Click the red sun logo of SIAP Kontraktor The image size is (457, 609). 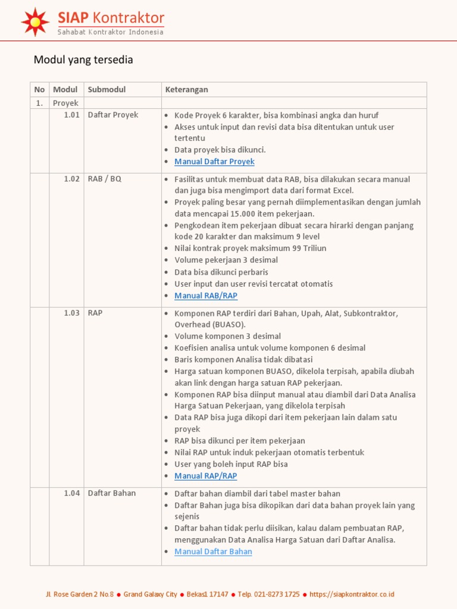tap(35, 22)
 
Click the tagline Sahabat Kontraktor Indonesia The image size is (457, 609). tap(110, 32)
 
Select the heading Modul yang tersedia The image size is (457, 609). tap(83, 59)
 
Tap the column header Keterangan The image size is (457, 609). tap(186, 90)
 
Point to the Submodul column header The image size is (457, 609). tap(107, 90)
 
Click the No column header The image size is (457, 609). tap(39, 90)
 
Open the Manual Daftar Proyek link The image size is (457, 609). tap(214, 162)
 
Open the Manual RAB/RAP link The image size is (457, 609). tap(206, 296)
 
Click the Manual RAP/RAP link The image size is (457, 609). tap(206, 476)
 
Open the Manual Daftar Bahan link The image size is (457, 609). tap(213, 551)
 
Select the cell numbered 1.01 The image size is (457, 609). tap(71, 115)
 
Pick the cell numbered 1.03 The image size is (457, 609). tap(71, 313)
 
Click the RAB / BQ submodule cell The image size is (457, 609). tap(104, 179)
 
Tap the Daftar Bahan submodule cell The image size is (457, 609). tap(112, 493)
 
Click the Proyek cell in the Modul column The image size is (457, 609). tap(65, 103)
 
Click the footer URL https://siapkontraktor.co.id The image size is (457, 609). tap(352, 594)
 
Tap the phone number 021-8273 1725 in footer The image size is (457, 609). tap(277, 594)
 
